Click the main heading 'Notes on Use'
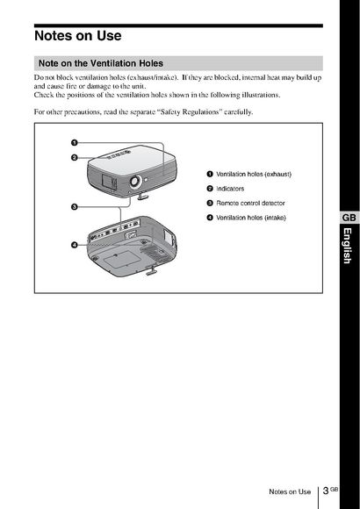pyautogui.click(x=78, y=36)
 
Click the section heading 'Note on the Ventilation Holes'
pyautogui.click(x=101, y=63)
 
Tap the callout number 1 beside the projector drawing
pyautogui.click(x=75, y=143)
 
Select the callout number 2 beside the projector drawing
pyautogui.click(x=75, y=158)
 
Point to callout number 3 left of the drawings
pyautogui.click(x=75, y=207)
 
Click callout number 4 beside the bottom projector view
pyautogui.click(x=75, y=245)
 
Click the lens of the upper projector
pyautogui.click(x=135, y=181)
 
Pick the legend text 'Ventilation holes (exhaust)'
pyautogui.click(x=254, y=175)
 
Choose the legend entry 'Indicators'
pyautogui.click(x=230, y=189)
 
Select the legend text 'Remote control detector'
pyautogui.click(x=250, y=204)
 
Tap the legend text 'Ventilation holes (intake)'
pyautogui.click(x=251, y=218)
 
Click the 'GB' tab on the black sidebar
pyautogui.click(x=349, y=218)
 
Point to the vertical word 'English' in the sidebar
pyautogui.click(x=348, y=246)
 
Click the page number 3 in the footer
pyautogui.click(x=326, y=491)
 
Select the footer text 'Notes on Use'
pyautogui.click(x=290, y=491)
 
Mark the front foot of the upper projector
pyautogui.click(x=143, y=196)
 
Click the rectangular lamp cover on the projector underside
pyautogui.click(x=120, y=258)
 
